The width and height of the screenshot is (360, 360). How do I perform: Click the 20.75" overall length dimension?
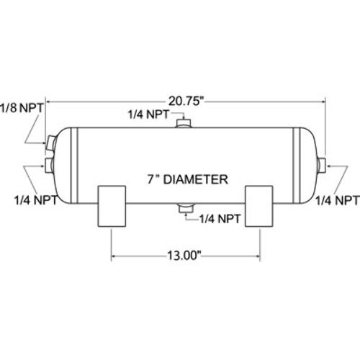[186, 101]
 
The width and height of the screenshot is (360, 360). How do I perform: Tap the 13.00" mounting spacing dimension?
[184, 256]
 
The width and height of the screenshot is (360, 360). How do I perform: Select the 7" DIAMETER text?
[187, 179]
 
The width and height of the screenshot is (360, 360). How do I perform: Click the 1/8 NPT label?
[22, 108]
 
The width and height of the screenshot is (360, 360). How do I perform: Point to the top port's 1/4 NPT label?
[149, 114]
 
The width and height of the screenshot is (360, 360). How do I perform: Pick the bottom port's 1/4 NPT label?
[220, 219]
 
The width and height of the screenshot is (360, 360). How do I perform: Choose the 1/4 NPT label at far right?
[337, 200]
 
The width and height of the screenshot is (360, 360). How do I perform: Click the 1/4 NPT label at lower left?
[36, 200]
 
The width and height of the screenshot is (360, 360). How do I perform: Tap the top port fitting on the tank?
[184, 123]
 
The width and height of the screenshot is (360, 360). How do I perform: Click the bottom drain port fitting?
[186, 208]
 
